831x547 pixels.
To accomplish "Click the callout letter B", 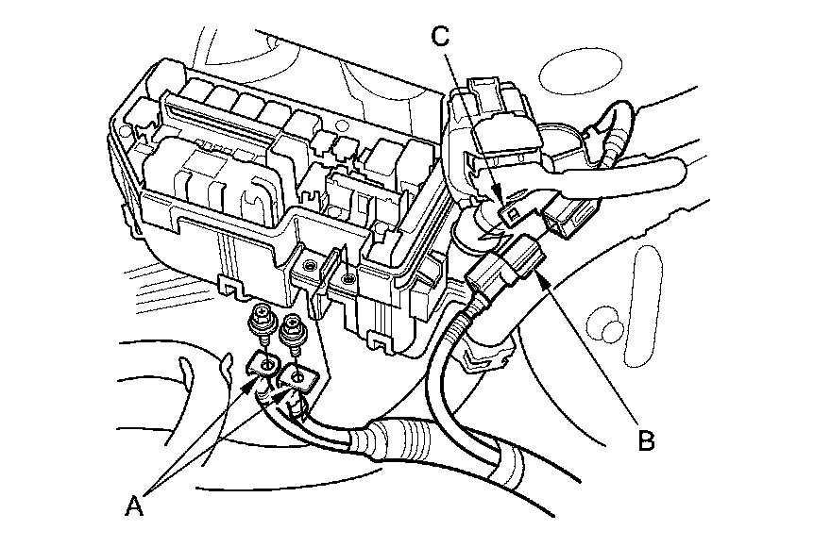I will (646, 439).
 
